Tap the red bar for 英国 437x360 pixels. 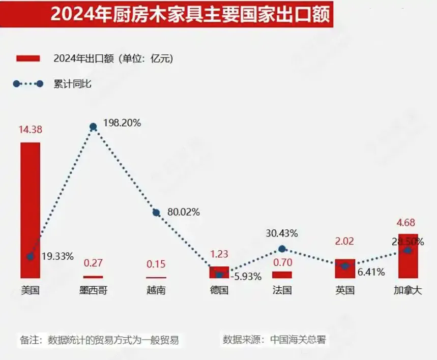pos(345,268)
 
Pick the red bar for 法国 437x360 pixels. pos(282,275)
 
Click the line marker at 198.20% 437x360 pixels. pos(93,127)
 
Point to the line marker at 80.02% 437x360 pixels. pos(156,213)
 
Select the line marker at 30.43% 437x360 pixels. pos(282,249)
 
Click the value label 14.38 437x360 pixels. pos(30,130)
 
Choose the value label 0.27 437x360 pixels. pos(93,264)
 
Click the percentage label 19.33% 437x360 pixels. pos(57,255)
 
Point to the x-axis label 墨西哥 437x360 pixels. pos(93,291)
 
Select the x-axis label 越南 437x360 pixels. pos(156,291)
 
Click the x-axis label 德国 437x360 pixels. pos(219,291)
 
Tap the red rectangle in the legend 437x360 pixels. pos(28,58)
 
